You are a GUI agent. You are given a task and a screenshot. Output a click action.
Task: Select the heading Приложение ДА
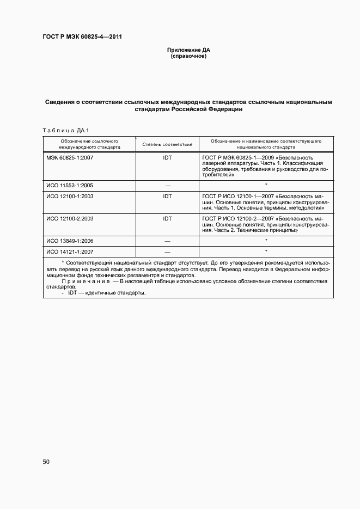[188, 50]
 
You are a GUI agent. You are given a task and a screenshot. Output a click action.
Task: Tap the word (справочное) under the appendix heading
[188, 56]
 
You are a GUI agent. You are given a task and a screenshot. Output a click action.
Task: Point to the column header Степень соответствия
[167, 144]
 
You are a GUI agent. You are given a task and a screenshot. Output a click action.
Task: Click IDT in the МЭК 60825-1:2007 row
[167, 157]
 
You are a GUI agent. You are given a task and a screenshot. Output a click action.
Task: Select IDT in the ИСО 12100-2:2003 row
[167, 218]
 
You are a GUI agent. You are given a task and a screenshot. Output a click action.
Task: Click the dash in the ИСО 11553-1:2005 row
[167, 186]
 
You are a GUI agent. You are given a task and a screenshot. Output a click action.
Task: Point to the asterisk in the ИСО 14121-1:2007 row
[266, 251]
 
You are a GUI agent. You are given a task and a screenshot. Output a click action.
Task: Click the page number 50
[46, 462]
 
